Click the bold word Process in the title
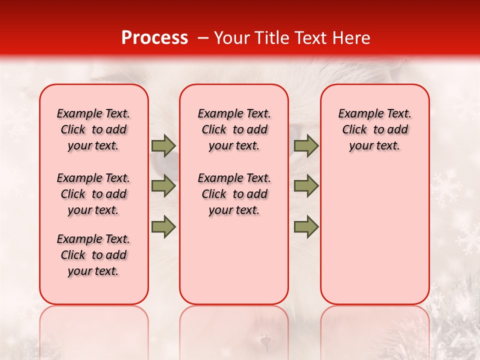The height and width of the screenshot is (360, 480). (x=154, y=38)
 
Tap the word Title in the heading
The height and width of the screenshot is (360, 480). (x=270, y=38)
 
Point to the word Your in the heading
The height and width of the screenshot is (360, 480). (x=232, y=38)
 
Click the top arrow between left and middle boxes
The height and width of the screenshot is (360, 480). (x=163, y=146)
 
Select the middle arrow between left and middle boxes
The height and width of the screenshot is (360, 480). (x=163, y=186)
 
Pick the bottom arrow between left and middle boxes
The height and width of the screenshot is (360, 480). (x=163, y=226)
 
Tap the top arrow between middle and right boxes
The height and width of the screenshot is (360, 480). (x=306, y=146)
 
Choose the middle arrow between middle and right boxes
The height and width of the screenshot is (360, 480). (x=306, y=186)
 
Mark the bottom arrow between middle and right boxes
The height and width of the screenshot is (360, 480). (x=306, y=226)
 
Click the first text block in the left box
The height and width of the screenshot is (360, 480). (x=93, y=129)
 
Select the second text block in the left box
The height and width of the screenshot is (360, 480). (x=93, y=194)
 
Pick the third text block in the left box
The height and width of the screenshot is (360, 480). (x=93, y=255)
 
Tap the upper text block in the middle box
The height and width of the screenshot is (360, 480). (x=234, y=129)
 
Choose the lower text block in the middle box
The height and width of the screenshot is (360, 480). (x=234, y=194)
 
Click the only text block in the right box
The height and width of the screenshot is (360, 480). (x=375, y=129)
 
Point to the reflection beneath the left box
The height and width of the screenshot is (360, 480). (x=94, y=330)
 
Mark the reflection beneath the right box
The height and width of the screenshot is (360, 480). (x=375, y=330)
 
